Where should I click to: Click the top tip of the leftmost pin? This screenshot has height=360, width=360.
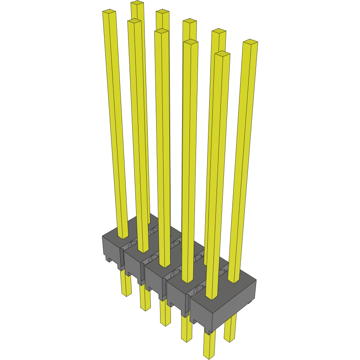coord(109,12)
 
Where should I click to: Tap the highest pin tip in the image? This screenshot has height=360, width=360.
coord(137,3)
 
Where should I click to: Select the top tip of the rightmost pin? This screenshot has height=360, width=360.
coord(250,42)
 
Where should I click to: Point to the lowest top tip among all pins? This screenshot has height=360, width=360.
coord(222,53)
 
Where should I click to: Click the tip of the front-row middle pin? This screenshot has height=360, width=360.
coord(161,31)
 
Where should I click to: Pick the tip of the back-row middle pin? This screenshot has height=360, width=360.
coord(189,21)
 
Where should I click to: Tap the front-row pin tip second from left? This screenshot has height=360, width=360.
coord(134,21)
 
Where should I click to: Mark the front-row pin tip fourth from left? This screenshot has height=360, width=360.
coord(191,42)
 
